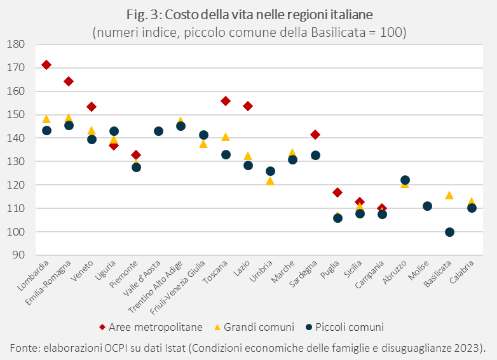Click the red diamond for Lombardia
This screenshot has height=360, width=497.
(x=46, y=65)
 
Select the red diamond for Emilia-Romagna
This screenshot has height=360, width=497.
(x=69, y=81)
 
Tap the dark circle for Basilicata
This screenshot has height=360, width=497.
(x=449, y=232)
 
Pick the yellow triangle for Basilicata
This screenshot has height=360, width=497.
(x=449, y=195)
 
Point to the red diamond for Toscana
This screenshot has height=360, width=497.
(x=226, y=101)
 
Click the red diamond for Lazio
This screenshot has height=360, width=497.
(x=248, y=106)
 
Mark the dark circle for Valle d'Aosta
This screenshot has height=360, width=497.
(x=158, y=131)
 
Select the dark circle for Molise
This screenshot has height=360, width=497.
(x=427, y=206)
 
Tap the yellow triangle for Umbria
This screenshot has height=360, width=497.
(x=270, y=181)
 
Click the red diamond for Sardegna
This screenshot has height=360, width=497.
(x=315, y=135)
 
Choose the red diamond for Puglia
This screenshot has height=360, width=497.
(x=337, y=192)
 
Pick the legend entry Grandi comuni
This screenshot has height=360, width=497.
(x=262, y=327)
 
